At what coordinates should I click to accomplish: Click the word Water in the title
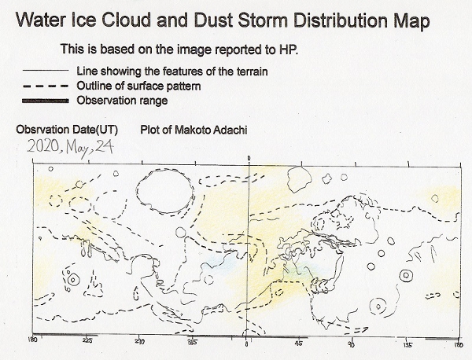(x=41, y=20)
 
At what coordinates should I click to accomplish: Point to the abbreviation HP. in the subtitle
(x=287, y=49)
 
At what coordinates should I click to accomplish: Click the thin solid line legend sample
(x=46, y=71)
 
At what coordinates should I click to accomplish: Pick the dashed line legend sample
(x=46, y=86)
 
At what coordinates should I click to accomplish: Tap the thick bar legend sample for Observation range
(x=46, y=101)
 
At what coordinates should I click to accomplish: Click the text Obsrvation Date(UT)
(x=67, y=130)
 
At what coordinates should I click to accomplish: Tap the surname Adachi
(x=230, y=130)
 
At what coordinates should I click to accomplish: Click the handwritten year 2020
(x=43, y=147)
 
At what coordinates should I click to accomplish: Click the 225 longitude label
(x=87, y=341)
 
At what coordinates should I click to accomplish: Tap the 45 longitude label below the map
(x=299, y=343)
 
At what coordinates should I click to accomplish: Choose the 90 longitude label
(x=352, y=343)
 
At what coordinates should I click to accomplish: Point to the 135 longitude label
(x=407, y=344)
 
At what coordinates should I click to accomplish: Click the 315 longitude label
(x=192, y=343)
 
